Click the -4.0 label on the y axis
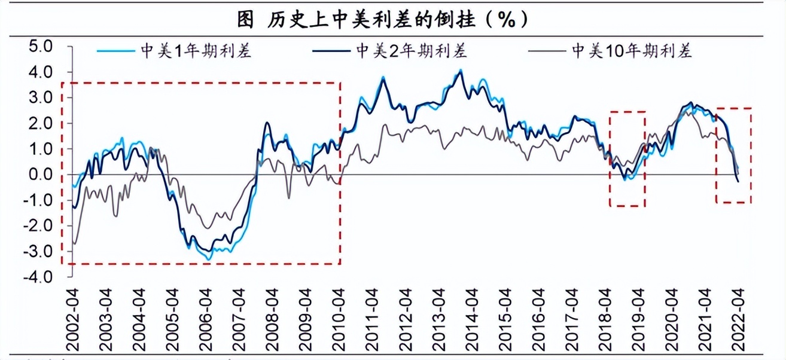39,277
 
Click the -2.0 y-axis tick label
39,226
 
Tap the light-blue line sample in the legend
117,51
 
